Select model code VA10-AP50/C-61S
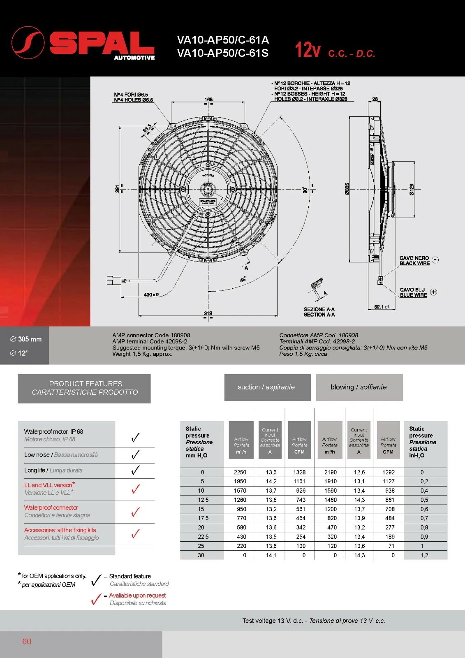click(x=222, y=53)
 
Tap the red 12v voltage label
click(x=307, y=50)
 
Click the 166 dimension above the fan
click(x=208, y=100)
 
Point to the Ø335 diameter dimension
click(x=347, y=189)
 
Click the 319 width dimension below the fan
click(x=208, y=313)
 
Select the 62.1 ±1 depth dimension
click(x=381, y=307)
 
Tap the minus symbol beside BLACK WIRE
click(x=435, y=260)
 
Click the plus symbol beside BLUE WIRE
click(x=434, y=292)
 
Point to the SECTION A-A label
click(x=319, y=312)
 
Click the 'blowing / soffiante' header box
click(x=359, y=387)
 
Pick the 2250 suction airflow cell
click(x=240, y=473)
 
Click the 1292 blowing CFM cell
click(x=388, y=473)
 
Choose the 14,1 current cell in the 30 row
click(x=271, y=555)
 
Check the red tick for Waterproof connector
click(x=135, y=512)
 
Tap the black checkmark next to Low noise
click(x=135, y=455)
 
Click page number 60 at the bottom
click(x=27, y=642)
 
